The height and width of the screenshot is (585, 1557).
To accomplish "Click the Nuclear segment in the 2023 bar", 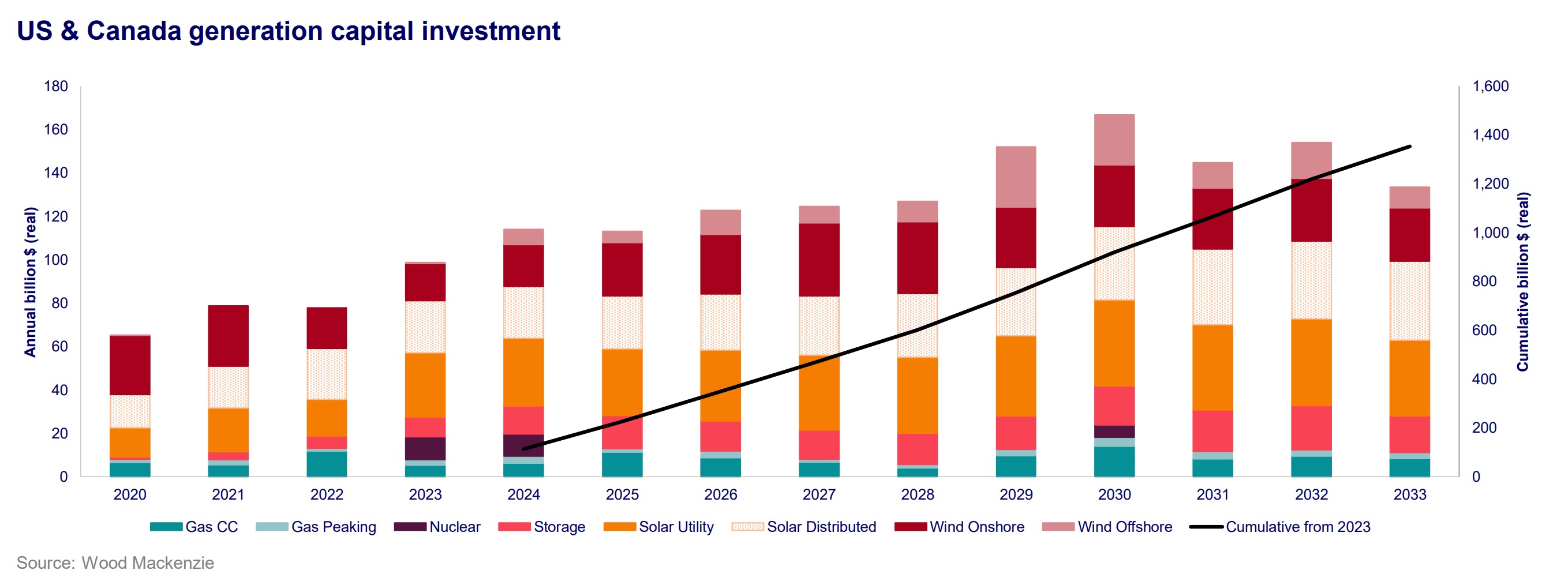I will (x=425, y=448).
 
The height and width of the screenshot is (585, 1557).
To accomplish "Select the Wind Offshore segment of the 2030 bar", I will (x=1114, y=140).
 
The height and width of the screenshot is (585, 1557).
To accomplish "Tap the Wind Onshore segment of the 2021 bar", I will (x=228, y=336).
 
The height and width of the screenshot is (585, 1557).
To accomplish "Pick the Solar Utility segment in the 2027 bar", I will (x=819, y=393).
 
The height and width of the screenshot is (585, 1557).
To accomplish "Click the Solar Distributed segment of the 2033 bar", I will (x=1409, y=301).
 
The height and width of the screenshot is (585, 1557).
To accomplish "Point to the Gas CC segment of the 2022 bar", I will (x=327, y=463).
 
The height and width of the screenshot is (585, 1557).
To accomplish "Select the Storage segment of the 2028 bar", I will (x=917, y=449).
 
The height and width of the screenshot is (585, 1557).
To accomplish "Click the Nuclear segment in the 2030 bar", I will (x=1114, y=432).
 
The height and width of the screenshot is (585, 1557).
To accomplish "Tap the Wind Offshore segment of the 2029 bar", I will (x=1016, y=177).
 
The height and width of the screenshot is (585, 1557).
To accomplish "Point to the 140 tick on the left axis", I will (x=55, y=173).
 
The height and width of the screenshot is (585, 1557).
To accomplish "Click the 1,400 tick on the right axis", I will (x=1490, y=135).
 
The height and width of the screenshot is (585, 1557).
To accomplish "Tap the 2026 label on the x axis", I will (x=720, y=494).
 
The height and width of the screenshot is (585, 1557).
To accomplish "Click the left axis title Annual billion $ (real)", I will (x=29, y=282).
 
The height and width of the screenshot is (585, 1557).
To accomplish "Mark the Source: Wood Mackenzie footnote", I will (x=115, y=562).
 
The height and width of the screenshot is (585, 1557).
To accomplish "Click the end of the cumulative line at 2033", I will (x=1409, y=147).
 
